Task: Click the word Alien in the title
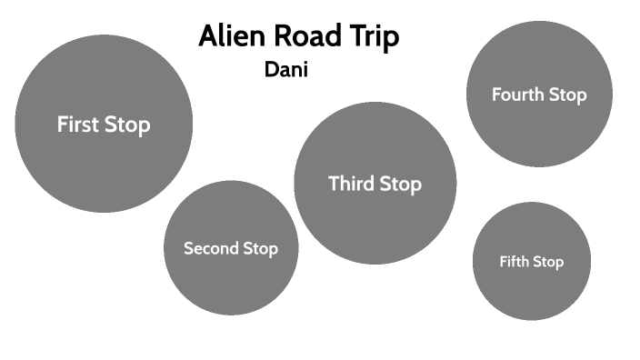click(230, 37)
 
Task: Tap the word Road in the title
click(306, 37)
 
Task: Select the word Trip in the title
click(375, 38)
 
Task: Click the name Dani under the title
click(286, 69)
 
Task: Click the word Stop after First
click(126, 125)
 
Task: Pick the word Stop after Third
click(400, 184)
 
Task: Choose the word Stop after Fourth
click(567, 95)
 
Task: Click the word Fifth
click(514, 262)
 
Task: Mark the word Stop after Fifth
click(548, 262)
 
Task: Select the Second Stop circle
click(231, 282)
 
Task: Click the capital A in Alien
click(208, 37)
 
